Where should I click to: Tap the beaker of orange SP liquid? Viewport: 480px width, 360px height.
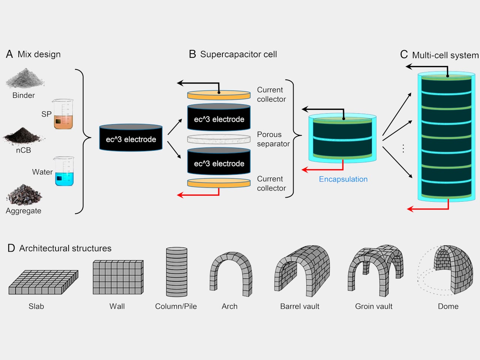63,114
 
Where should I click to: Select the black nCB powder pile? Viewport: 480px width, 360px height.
23,136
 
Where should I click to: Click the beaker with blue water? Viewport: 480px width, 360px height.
64,172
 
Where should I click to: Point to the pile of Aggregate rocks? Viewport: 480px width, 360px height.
24,195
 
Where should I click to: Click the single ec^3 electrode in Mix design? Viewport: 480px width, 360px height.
131,138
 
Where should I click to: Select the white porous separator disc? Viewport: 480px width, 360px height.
219,139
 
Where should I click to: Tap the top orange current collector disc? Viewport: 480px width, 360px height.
219,95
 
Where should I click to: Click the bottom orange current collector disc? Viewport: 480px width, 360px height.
219,183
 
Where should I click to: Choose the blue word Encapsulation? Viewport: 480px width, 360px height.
343,179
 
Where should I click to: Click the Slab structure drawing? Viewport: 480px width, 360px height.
43,282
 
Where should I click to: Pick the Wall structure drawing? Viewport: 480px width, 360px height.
118,277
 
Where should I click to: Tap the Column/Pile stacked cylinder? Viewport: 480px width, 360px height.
177,272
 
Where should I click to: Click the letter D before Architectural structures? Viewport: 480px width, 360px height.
11,248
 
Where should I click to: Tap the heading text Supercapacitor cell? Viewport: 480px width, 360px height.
238,54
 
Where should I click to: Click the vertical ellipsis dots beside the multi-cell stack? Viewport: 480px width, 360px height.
403,148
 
